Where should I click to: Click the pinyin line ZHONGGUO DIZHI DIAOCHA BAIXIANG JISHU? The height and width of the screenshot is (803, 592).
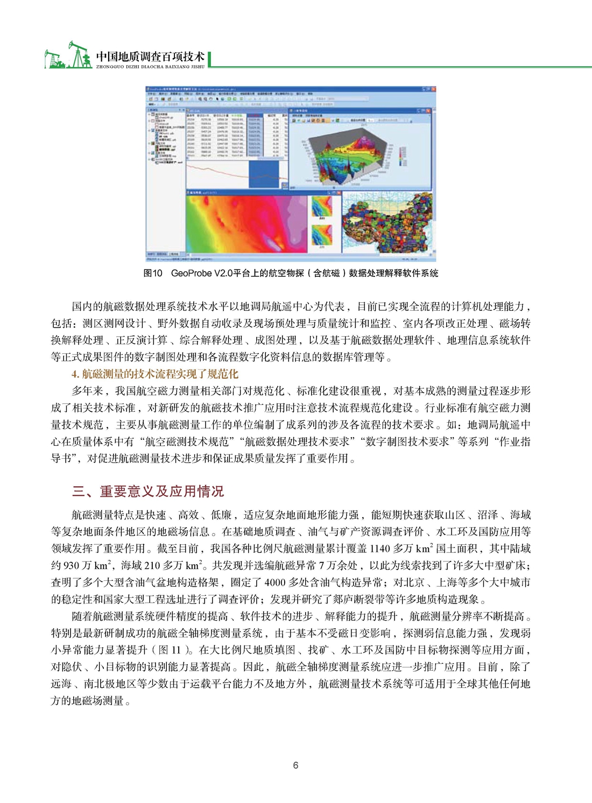(x=150, y=67)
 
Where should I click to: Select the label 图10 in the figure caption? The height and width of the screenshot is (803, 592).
(x=152, y=273)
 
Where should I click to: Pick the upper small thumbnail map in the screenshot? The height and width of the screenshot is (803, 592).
(x=322, y=207)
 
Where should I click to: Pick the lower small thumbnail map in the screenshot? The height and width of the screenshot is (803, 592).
(x=322, y=236)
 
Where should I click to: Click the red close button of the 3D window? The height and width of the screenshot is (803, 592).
(x=428, y=110)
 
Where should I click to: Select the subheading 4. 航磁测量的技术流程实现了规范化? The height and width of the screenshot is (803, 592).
(x=154, y=374)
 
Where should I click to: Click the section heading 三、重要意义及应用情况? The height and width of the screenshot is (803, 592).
(x=148, y=491)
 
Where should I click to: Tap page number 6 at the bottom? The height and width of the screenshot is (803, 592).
(x=295, y=765)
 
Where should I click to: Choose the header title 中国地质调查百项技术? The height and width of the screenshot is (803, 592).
(x=150, y=56)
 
